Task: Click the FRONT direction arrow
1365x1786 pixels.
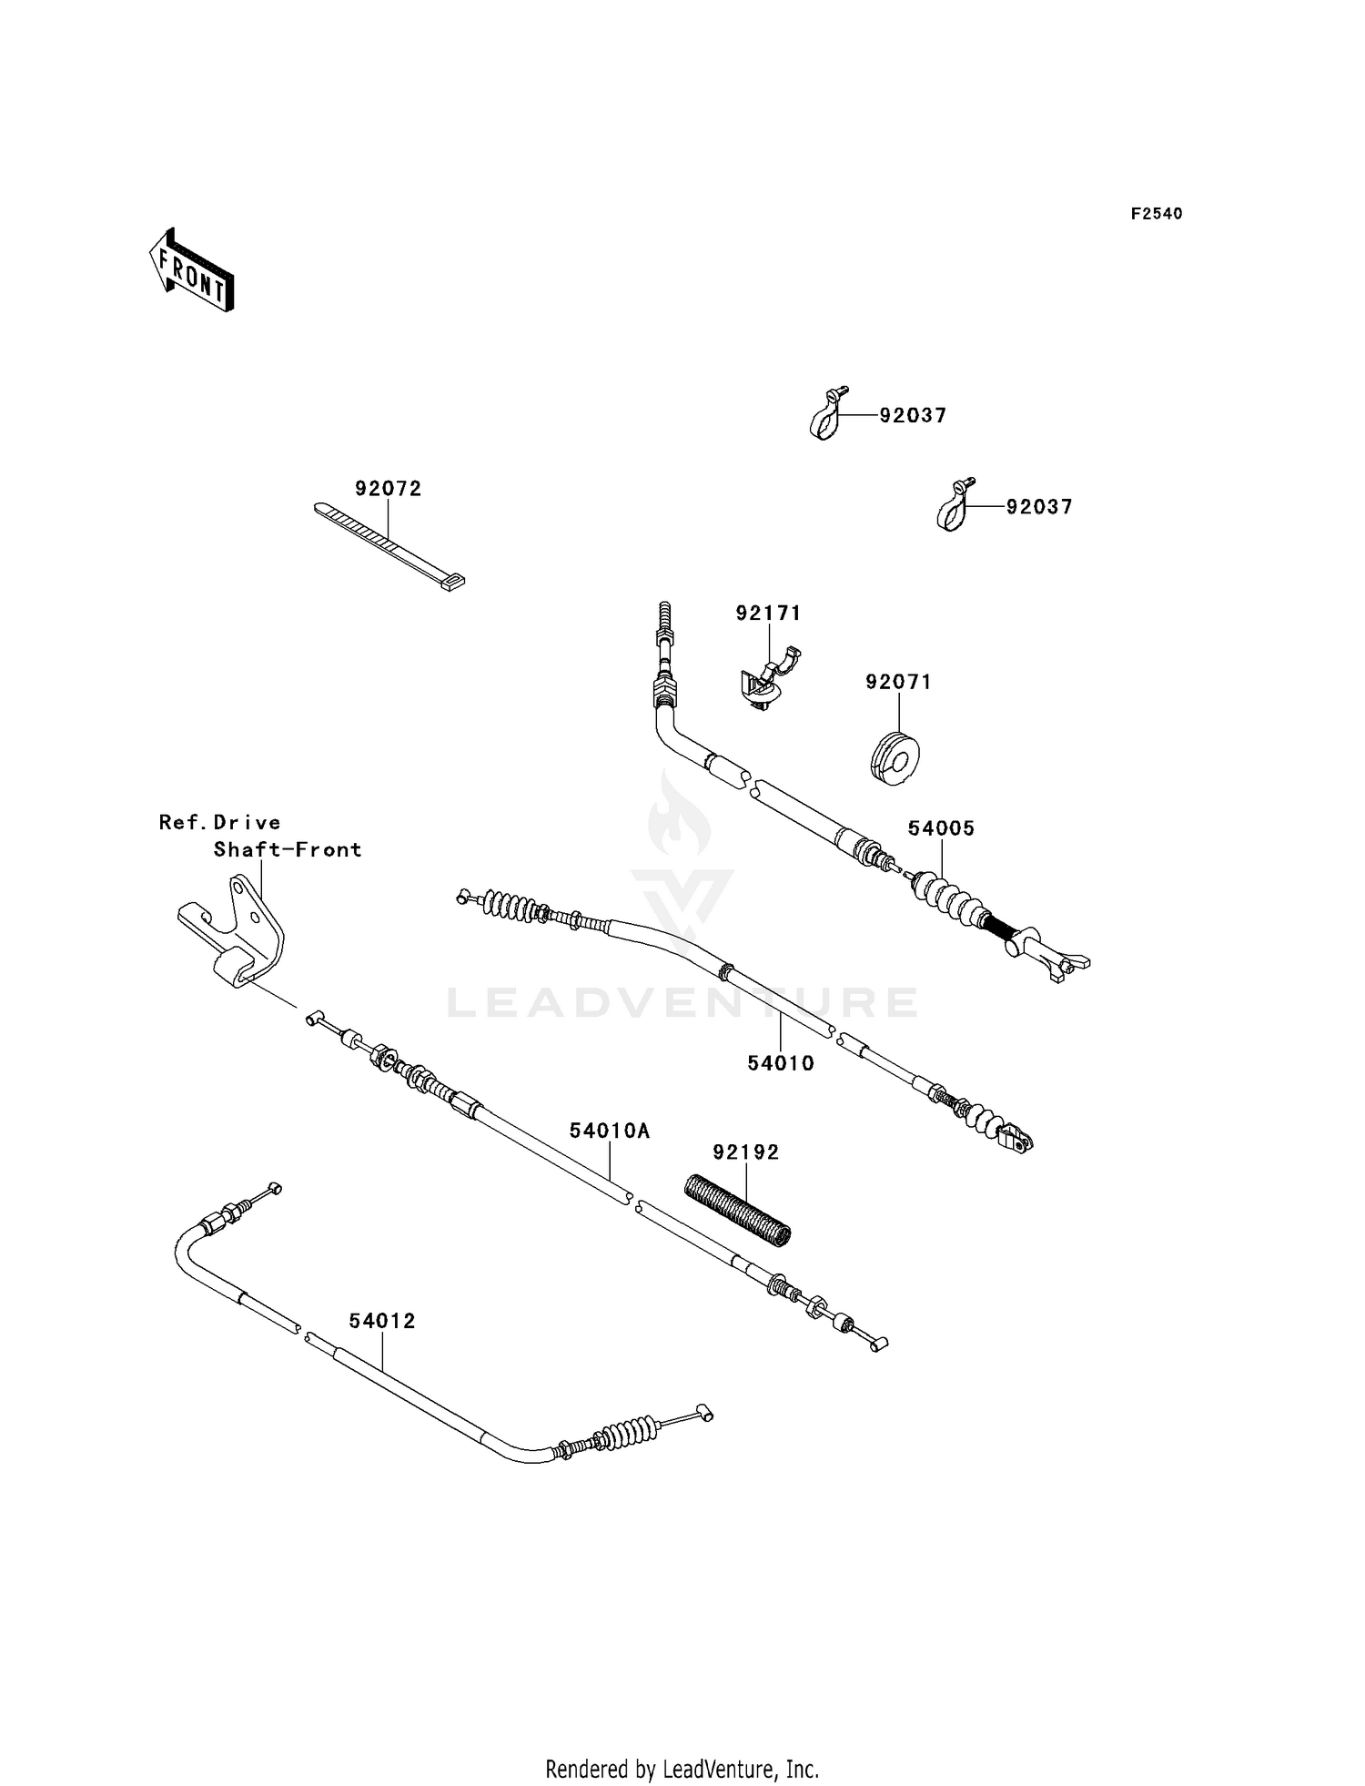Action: [192, 269]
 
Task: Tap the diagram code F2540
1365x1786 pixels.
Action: [1157, 214]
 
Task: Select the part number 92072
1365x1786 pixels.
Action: [389, 489]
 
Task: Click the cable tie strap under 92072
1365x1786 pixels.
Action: [389, 547]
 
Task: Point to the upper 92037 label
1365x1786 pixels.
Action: [913, 415]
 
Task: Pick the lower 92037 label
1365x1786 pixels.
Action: [1039, 507]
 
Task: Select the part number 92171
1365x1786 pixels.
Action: [769, 614]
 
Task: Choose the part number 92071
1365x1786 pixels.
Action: [899, 682]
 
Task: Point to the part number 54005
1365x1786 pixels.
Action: [942, 828]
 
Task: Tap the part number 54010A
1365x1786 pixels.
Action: [610, 1131]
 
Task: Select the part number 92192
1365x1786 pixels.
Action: [746, 1152]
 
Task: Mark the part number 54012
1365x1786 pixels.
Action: [382, 1321]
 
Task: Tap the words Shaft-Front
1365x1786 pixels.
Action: [288, 850]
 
